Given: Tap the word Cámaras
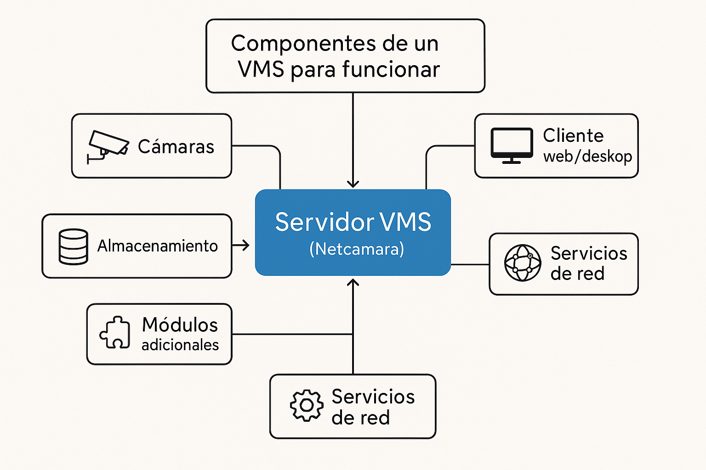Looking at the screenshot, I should point(176,147).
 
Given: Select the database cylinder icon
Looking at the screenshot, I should point(73,246).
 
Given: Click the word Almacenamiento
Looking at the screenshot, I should point(157,246).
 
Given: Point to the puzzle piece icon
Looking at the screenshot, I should point(114,332).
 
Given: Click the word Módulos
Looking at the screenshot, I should point(180,325).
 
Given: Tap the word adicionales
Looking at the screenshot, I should point(180,345).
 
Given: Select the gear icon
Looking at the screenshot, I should point(307,405).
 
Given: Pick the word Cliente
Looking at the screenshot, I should point(573,135).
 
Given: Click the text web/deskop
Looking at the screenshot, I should point(587,156).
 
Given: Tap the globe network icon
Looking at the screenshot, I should point(523,263).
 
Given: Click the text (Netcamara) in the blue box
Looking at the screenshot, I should point(357,249).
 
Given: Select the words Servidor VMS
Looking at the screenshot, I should point(353,222).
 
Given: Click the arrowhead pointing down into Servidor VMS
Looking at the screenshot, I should point(353,184).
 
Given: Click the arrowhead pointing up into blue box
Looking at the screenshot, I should point(353,282).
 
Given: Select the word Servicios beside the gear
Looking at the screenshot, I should point(373,397).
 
